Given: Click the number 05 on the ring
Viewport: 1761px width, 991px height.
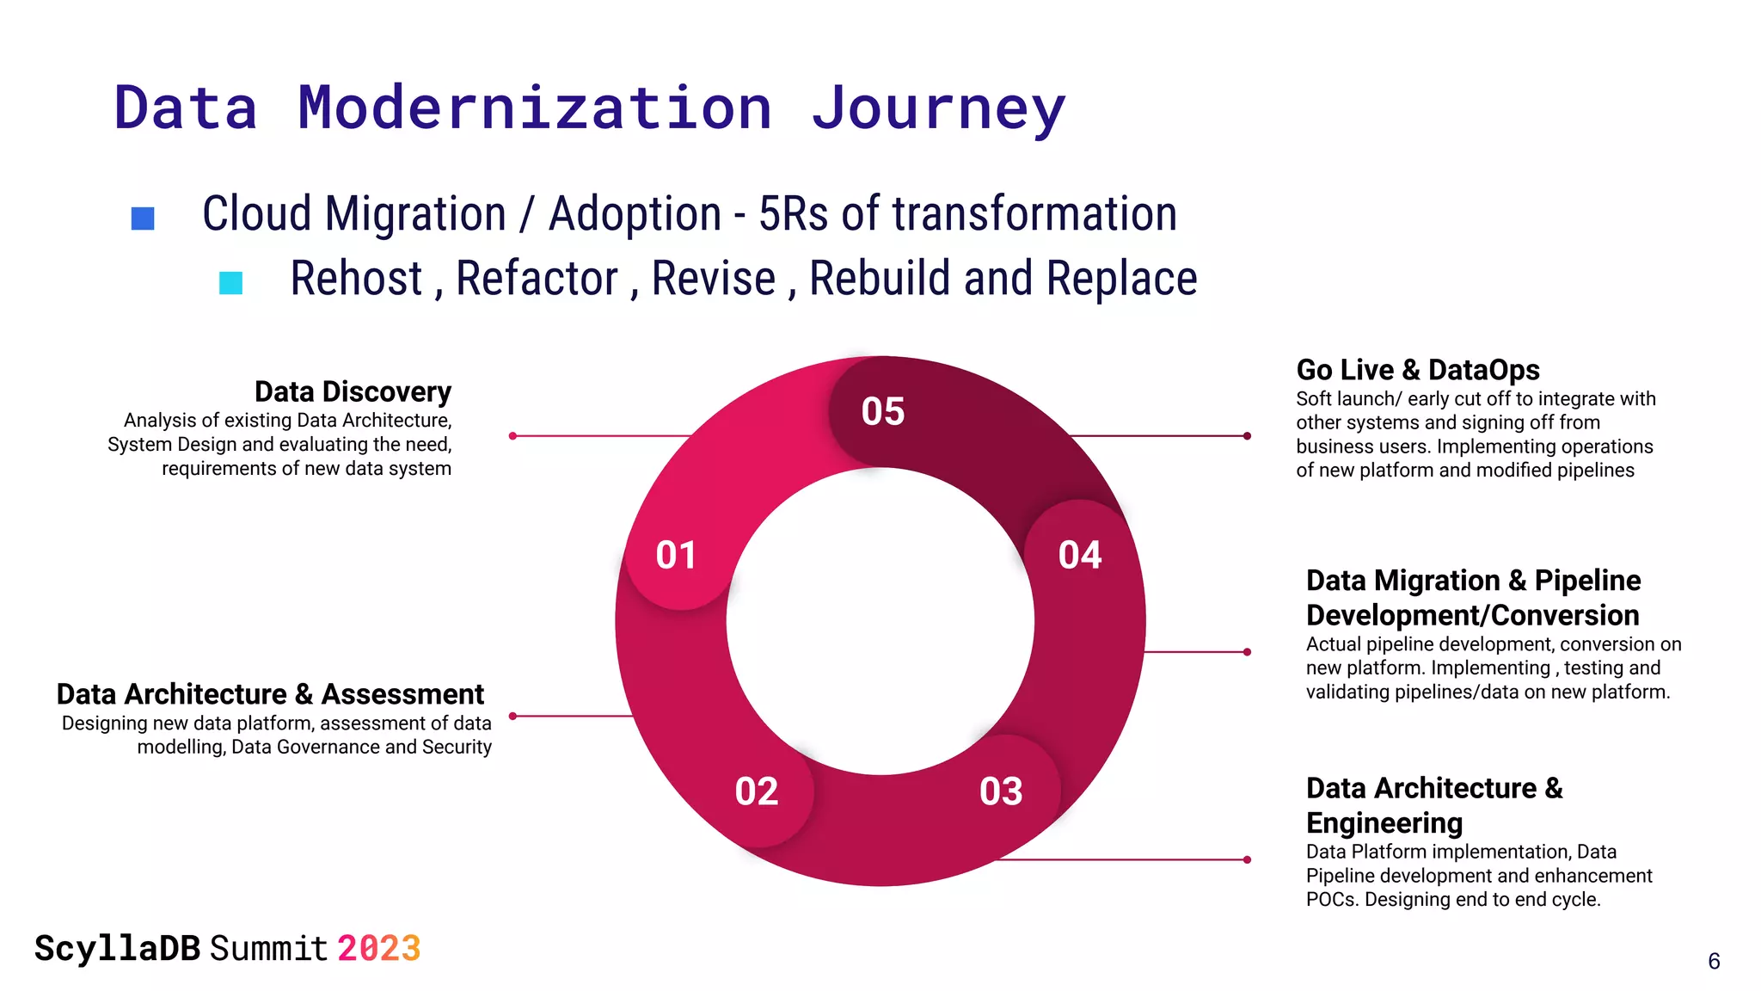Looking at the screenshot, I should (882, 411).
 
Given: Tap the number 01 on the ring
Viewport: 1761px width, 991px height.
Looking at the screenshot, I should (676, 555).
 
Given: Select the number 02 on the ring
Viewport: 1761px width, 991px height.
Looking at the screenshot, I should (756, 791).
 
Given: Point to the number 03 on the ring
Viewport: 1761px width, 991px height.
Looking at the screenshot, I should (1001, 791).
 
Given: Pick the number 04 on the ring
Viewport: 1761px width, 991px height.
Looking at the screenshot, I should (1079, 555).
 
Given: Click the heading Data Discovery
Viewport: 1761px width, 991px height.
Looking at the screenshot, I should (353, 392).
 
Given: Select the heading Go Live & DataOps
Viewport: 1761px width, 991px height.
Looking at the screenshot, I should (1417, 370).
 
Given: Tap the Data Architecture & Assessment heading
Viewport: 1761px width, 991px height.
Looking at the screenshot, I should (270, 694).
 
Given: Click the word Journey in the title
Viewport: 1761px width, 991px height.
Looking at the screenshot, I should (938, 108).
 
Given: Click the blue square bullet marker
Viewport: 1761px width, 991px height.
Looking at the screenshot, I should (143, 219).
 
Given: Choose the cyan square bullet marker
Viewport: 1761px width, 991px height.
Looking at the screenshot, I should (230, 283).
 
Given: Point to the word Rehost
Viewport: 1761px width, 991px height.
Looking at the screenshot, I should (356, 279).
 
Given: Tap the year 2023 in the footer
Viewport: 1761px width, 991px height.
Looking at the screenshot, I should (378, 949).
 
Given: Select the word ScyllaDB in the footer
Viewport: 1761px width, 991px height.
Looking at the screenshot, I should (117, 949).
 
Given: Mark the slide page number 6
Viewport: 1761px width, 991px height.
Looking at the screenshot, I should (1713, 961).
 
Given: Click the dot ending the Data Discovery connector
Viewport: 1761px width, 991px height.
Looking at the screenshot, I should (512, 436).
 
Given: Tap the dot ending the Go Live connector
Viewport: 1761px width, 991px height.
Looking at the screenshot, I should (1247, 436).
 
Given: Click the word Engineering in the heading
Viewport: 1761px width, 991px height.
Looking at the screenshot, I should (1384, 823).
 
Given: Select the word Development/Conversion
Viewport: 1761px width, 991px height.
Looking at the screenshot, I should (1472, 616).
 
